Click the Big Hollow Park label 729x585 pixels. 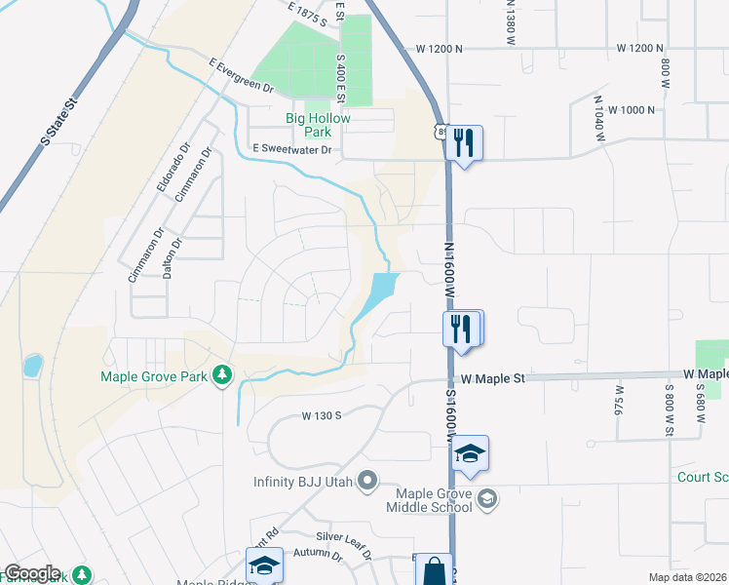pos(317,125)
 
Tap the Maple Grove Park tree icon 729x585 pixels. pos(223,374)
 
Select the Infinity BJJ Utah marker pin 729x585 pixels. pos(367,479)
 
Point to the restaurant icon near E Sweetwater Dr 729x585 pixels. pos(463,144)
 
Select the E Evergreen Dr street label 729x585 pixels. pos(242,74)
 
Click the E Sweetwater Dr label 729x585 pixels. pos(292,149)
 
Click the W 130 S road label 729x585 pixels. pos(321,415)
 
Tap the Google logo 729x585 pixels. pos(31,573)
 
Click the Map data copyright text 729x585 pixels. pos(688,577)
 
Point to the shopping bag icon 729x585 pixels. pos(436,570)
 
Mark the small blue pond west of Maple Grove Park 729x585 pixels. pos(32,367)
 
